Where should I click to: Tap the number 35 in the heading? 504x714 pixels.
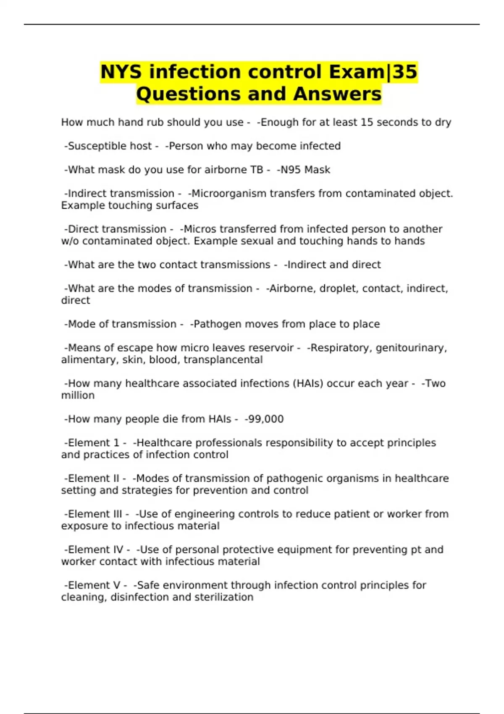[x=405, y=72]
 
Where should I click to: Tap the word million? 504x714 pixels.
[x=78, y=396]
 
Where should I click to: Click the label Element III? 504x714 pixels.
[x=95, y=514]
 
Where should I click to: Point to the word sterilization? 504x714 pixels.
[x=228, y=597]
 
